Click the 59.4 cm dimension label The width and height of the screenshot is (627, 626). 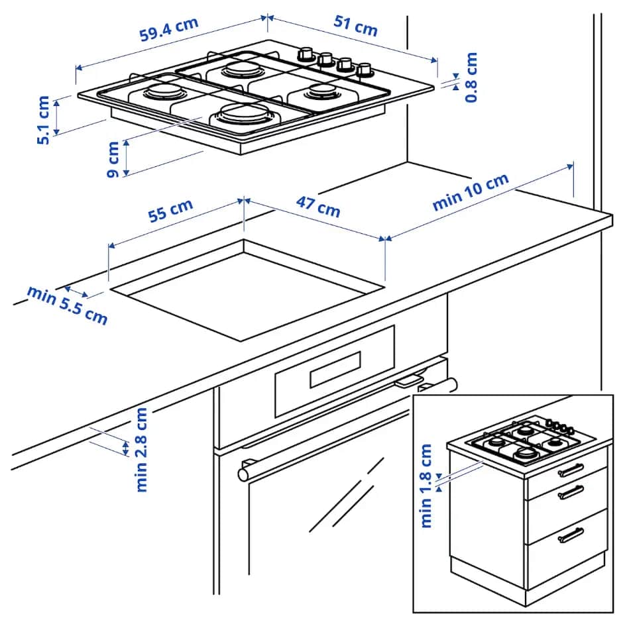point(168,30)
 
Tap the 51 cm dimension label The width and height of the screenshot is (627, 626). point(355,26)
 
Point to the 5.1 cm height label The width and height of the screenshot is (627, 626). point(43,120)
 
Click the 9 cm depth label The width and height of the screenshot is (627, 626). point(113,159)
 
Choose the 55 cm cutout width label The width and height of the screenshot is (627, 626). point(170,210)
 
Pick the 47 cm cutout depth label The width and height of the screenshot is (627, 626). point(317,207)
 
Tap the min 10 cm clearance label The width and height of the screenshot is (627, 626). point(471,192)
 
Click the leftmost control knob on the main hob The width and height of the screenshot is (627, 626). point(306,53)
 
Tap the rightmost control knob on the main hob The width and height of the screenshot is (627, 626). point(364,69)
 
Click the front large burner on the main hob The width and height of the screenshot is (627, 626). point(241,114)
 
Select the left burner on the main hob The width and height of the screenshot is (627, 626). point(160,91)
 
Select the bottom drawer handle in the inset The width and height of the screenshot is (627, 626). point(571,534)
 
